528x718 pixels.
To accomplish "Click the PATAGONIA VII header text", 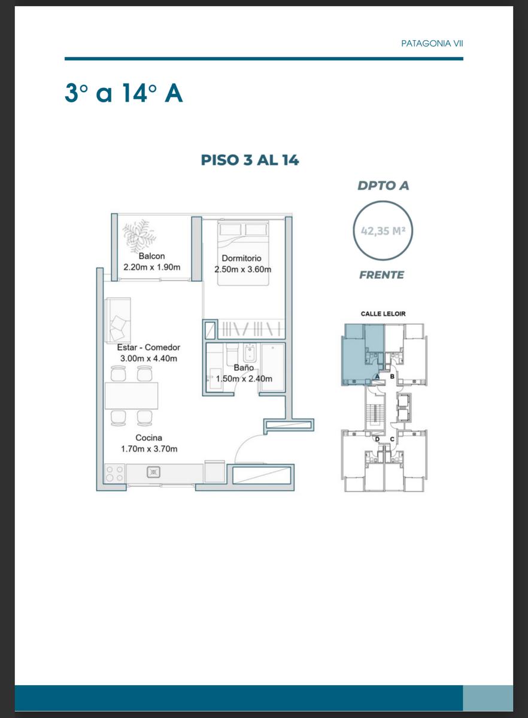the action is (x=432, y=44).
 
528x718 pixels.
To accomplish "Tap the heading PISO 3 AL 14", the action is (x=250, y=160).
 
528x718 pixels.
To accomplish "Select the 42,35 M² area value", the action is (x=383, y=231).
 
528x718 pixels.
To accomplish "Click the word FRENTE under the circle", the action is (x=381, y=275).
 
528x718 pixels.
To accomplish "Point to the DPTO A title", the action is (x=383, y=185).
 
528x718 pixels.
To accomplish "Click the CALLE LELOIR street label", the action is (x=383, y=314).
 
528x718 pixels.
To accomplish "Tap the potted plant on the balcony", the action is (x=139, y=236).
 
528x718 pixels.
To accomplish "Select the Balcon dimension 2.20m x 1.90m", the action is (x=152, y=267).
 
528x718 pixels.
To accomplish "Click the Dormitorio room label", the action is (x=241, y=258).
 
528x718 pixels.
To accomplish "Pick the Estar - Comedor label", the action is (x=148, y=347).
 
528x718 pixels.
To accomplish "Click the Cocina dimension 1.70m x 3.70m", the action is (x=149, y=449).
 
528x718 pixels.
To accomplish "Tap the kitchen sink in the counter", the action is (x=154, y=472).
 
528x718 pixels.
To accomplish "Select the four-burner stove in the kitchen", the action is (x=114, y=473).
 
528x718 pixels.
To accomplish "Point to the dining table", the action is (x=132, y=395).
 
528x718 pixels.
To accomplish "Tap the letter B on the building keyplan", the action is (x=392, y=376).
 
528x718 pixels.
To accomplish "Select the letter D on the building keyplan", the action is (x=377, y=439).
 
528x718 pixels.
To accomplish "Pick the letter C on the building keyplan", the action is (x=392, y=439).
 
